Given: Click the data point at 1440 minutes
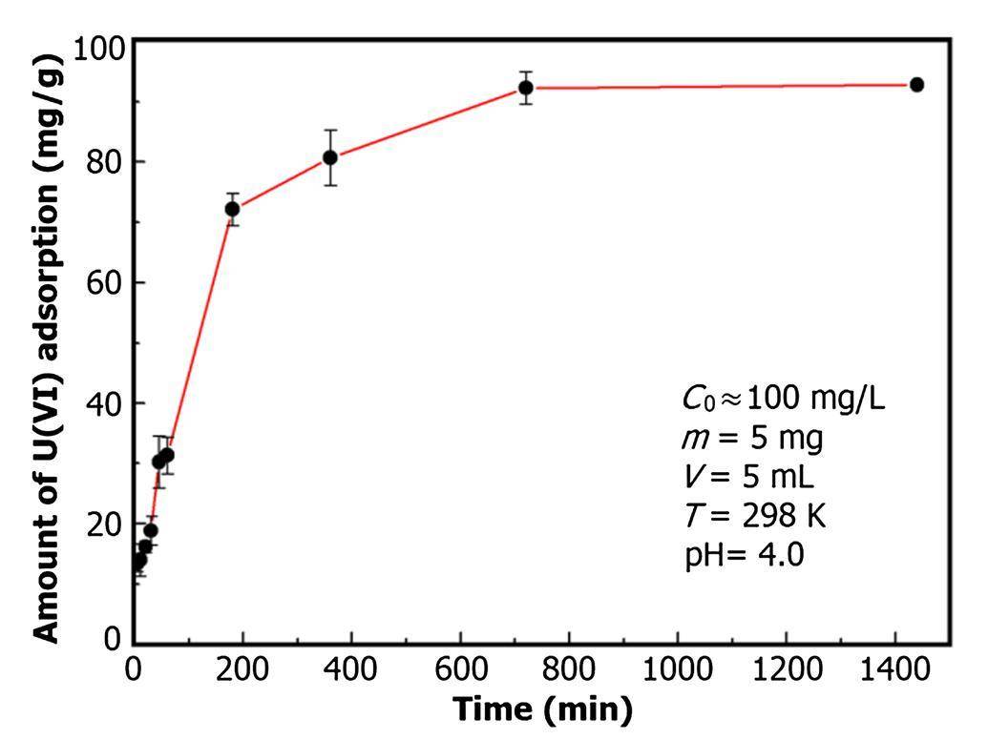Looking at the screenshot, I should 916,85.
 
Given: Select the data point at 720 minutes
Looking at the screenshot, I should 525,88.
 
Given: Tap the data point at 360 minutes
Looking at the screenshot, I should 329,157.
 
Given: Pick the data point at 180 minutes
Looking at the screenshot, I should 232,209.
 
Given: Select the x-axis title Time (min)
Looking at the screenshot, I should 542,709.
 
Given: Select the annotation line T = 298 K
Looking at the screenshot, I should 755,516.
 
